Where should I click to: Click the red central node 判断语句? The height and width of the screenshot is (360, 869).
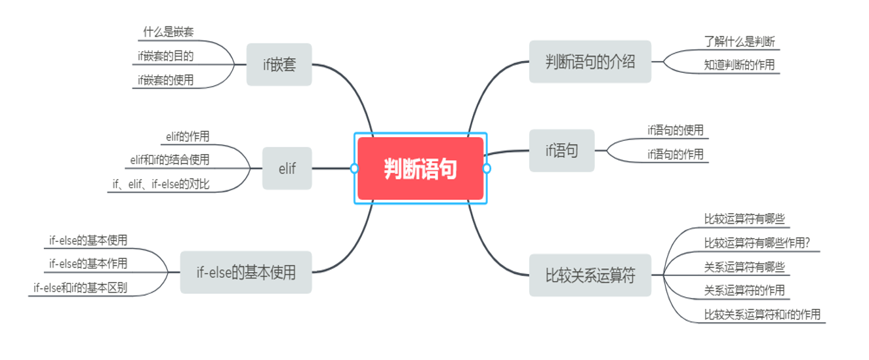420,169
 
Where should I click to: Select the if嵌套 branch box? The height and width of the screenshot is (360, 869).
279,64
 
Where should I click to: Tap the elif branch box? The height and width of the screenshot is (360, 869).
287,169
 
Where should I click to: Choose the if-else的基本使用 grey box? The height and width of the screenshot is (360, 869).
246,272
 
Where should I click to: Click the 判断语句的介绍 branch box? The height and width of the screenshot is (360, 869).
590,62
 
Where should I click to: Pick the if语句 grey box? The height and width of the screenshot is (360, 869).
561,151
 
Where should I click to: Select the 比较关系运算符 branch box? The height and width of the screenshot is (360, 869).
590,275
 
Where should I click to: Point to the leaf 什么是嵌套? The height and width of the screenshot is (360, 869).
168,31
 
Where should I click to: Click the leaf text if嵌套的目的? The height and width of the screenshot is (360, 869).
165,56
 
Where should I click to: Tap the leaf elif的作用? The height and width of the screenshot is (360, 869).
188,136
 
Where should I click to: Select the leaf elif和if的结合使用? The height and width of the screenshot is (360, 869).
170,159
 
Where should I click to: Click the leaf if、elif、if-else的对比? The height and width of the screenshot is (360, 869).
161,184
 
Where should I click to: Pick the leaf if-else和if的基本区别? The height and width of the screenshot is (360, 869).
80,288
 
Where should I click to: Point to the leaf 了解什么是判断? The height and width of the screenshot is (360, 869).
739,41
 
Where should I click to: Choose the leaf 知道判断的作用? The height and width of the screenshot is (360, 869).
739,65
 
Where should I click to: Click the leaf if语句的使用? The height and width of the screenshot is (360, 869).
675,130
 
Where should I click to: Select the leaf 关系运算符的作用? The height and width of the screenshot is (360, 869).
744,290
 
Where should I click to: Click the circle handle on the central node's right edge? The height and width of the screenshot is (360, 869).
487,169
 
